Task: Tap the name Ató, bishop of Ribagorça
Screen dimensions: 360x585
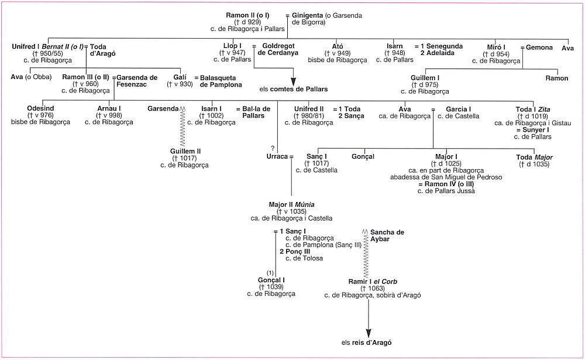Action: click(x=337, y=46)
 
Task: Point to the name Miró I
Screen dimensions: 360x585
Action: click(x=496, y=46)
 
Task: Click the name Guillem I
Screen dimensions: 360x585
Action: click(x=425, y=78)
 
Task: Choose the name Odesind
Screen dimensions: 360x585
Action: click(x=40, y=108)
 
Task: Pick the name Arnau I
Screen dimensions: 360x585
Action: click(x=109, y=108)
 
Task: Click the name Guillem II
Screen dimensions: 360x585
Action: click(x=184, y=151)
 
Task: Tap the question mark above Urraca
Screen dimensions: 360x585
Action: click(x=272, y=148)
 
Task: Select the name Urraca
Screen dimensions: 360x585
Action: click(x=277, y=157)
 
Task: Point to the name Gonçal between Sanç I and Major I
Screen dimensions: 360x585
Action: click(x=363, y=157)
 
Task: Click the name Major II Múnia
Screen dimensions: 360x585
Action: click(x=291, y=204)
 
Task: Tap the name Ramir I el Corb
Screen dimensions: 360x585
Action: click(x=372, y=282)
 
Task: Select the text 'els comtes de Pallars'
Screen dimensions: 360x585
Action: click(x=293, y=89)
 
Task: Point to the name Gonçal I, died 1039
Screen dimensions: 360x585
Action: click(x=271, y=280)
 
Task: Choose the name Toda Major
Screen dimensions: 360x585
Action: click(x=535, y=157)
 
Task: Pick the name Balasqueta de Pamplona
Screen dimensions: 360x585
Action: click(x=221, y=81)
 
